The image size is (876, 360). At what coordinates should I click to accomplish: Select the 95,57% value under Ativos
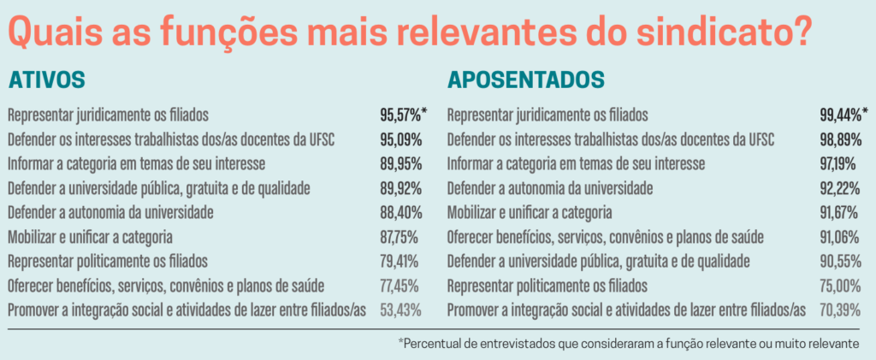[400, 114]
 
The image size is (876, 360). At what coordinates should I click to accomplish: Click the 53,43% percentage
[400, 310]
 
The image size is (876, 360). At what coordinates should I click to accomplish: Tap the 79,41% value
[400, 261]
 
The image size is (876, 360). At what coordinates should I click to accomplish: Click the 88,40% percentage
[400, 211]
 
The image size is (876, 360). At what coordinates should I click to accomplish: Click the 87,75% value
[400, 236]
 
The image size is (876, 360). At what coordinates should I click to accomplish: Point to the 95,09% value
[400, 139]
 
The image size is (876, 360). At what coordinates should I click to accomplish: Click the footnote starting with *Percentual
[628, 343]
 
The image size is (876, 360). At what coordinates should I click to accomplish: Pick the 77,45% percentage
[400, 285]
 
